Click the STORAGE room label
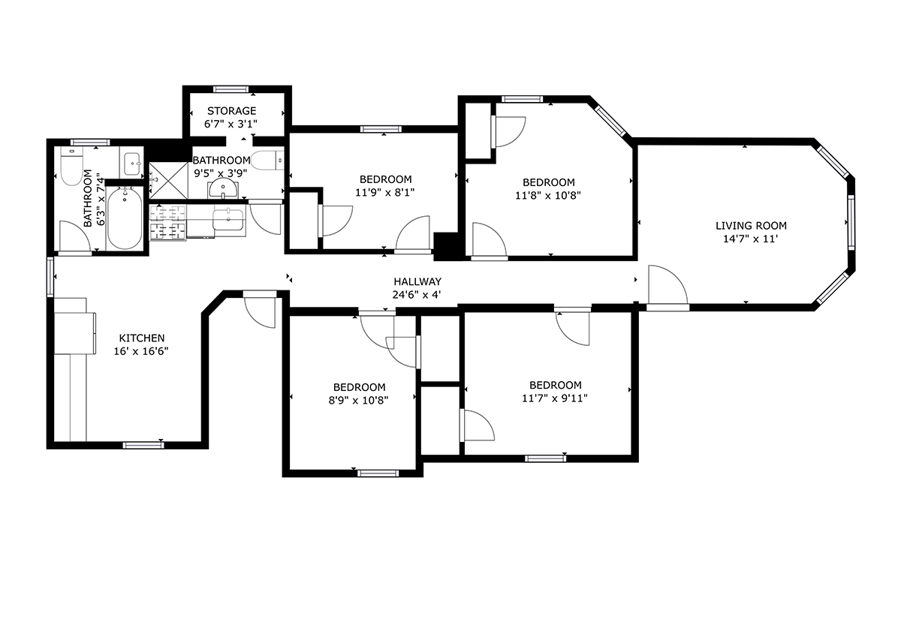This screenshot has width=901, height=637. pos(232,110)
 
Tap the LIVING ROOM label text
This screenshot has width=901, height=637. pos(751,226)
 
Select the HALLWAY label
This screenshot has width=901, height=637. pos(417,281)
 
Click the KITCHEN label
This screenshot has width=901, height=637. pos(142,338)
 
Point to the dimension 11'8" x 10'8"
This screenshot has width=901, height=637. pos(548,196)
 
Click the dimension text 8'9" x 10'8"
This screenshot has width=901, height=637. pos(358,401)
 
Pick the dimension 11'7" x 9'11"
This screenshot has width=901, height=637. pos(555,398)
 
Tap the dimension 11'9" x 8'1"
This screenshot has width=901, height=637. pos(384,193)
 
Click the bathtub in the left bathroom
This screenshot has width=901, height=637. pos(125,218)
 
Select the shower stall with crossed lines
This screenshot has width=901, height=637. pos(168,181)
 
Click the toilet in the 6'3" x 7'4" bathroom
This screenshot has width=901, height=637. pos(71,166)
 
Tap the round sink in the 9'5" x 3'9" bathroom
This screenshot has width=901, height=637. pos(222,190)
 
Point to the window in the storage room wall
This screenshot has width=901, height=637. pos(231,89)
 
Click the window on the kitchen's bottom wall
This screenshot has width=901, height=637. pos(143,445)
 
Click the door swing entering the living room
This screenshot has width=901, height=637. pos(667,285)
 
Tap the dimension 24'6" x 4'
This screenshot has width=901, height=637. pos(417,295)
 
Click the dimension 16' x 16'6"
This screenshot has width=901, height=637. pos(141,351)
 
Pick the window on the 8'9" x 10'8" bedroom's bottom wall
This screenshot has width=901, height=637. pos(378,473)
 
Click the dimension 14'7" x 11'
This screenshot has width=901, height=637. pos(751,239)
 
